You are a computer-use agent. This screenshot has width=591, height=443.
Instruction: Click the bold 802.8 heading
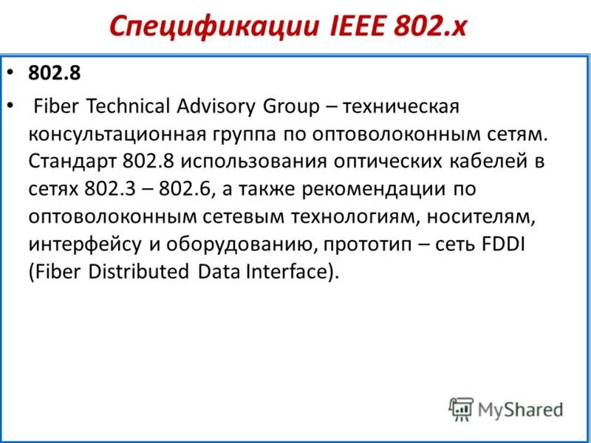click(54, 74)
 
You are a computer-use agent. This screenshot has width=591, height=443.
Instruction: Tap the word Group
click(290, 106)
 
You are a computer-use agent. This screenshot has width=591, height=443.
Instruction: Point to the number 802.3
click(106, 188)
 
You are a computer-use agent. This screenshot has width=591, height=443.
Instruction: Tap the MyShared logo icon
click(461, 408)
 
